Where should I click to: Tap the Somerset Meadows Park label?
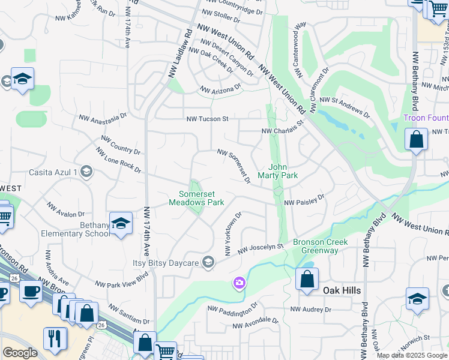(201, 198)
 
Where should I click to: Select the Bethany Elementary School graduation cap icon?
(121, 223)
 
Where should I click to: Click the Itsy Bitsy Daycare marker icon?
(208, 262)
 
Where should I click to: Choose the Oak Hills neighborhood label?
(342, 290)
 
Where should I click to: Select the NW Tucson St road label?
(207, 119)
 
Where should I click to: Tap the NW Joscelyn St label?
(260, 247)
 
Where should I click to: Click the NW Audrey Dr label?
(311, 310)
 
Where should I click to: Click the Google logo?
(20, 353)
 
